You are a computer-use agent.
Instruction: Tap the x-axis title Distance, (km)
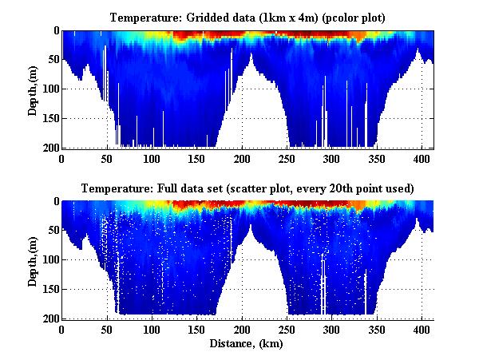pos(247,343)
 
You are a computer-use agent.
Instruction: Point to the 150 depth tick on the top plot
pos(47,118)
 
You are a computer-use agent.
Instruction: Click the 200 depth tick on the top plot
pos(47,148)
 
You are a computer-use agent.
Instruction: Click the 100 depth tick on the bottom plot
pos(47,260)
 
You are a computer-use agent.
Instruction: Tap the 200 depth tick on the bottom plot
pos(47,318)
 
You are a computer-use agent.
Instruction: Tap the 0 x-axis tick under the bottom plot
pos(62,330)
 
